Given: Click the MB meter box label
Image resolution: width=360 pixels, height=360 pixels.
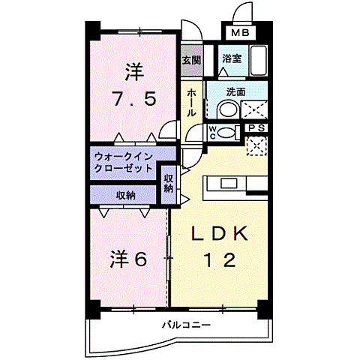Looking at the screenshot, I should (x=240, y=32).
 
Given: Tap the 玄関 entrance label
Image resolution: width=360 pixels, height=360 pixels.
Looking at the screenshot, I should (x=190, y=60).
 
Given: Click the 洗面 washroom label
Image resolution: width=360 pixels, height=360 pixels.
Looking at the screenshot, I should (x=235, y=91).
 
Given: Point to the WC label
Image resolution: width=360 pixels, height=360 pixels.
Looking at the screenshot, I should (x=212, y=133).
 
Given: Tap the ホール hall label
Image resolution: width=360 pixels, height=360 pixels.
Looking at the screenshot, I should (x=191, y=101).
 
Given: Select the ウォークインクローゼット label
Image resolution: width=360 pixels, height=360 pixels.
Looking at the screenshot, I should (x=124, y=162).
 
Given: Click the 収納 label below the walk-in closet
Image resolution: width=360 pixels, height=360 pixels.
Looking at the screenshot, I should (x=125, y=195).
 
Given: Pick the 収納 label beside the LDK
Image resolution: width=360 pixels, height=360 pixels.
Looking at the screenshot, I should (x=169, y=184).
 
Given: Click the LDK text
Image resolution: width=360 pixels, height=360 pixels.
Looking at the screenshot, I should (x=220, y=233).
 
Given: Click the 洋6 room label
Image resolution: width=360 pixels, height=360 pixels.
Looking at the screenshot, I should (x=128, y=259).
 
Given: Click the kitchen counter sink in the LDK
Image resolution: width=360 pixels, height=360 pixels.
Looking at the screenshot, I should (x=228, y=183).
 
